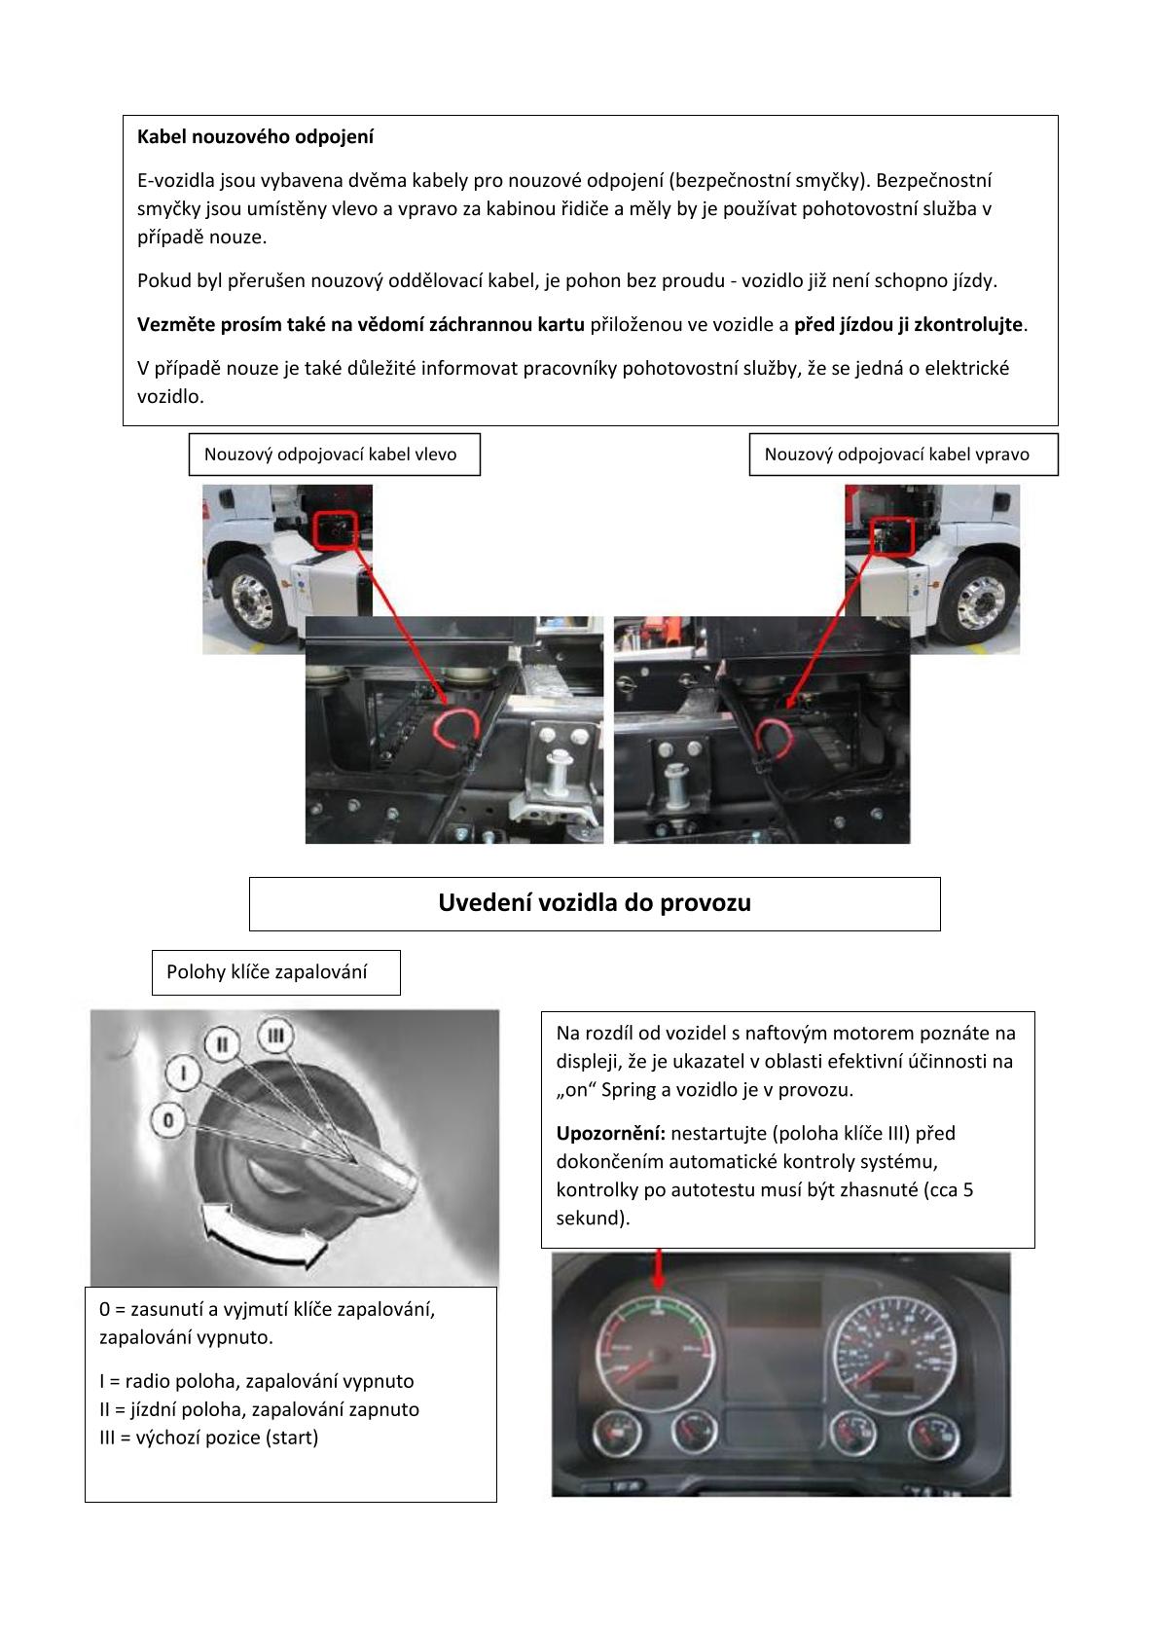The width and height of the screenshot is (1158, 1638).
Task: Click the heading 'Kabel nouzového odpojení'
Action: (255, 137)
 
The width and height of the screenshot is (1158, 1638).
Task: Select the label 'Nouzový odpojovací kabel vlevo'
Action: (331, 455)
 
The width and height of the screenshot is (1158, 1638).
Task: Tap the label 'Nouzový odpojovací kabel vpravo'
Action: (896, 455)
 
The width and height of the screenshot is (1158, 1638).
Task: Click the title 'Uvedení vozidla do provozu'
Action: (595, 903)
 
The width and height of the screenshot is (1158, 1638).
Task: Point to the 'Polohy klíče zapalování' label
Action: (267, 972)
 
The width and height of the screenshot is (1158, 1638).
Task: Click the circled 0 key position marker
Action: (168, 1120)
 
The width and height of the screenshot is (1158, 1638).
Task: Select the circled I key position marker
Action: (183, 1074)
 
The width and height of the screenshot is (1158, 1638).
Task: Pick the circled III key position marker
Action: (275, 1036)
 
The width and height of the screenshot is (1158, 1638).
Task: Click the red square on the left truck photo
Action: (335, 530)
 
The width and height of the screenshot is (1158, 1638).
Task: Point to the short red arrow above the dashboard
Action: (659, 1269)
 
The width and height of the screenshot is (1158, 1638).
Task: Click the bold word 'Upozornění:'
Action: (610, 1134)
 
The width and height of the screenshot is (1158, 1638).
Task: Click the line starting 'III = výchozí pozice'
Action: (209, 1438)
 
